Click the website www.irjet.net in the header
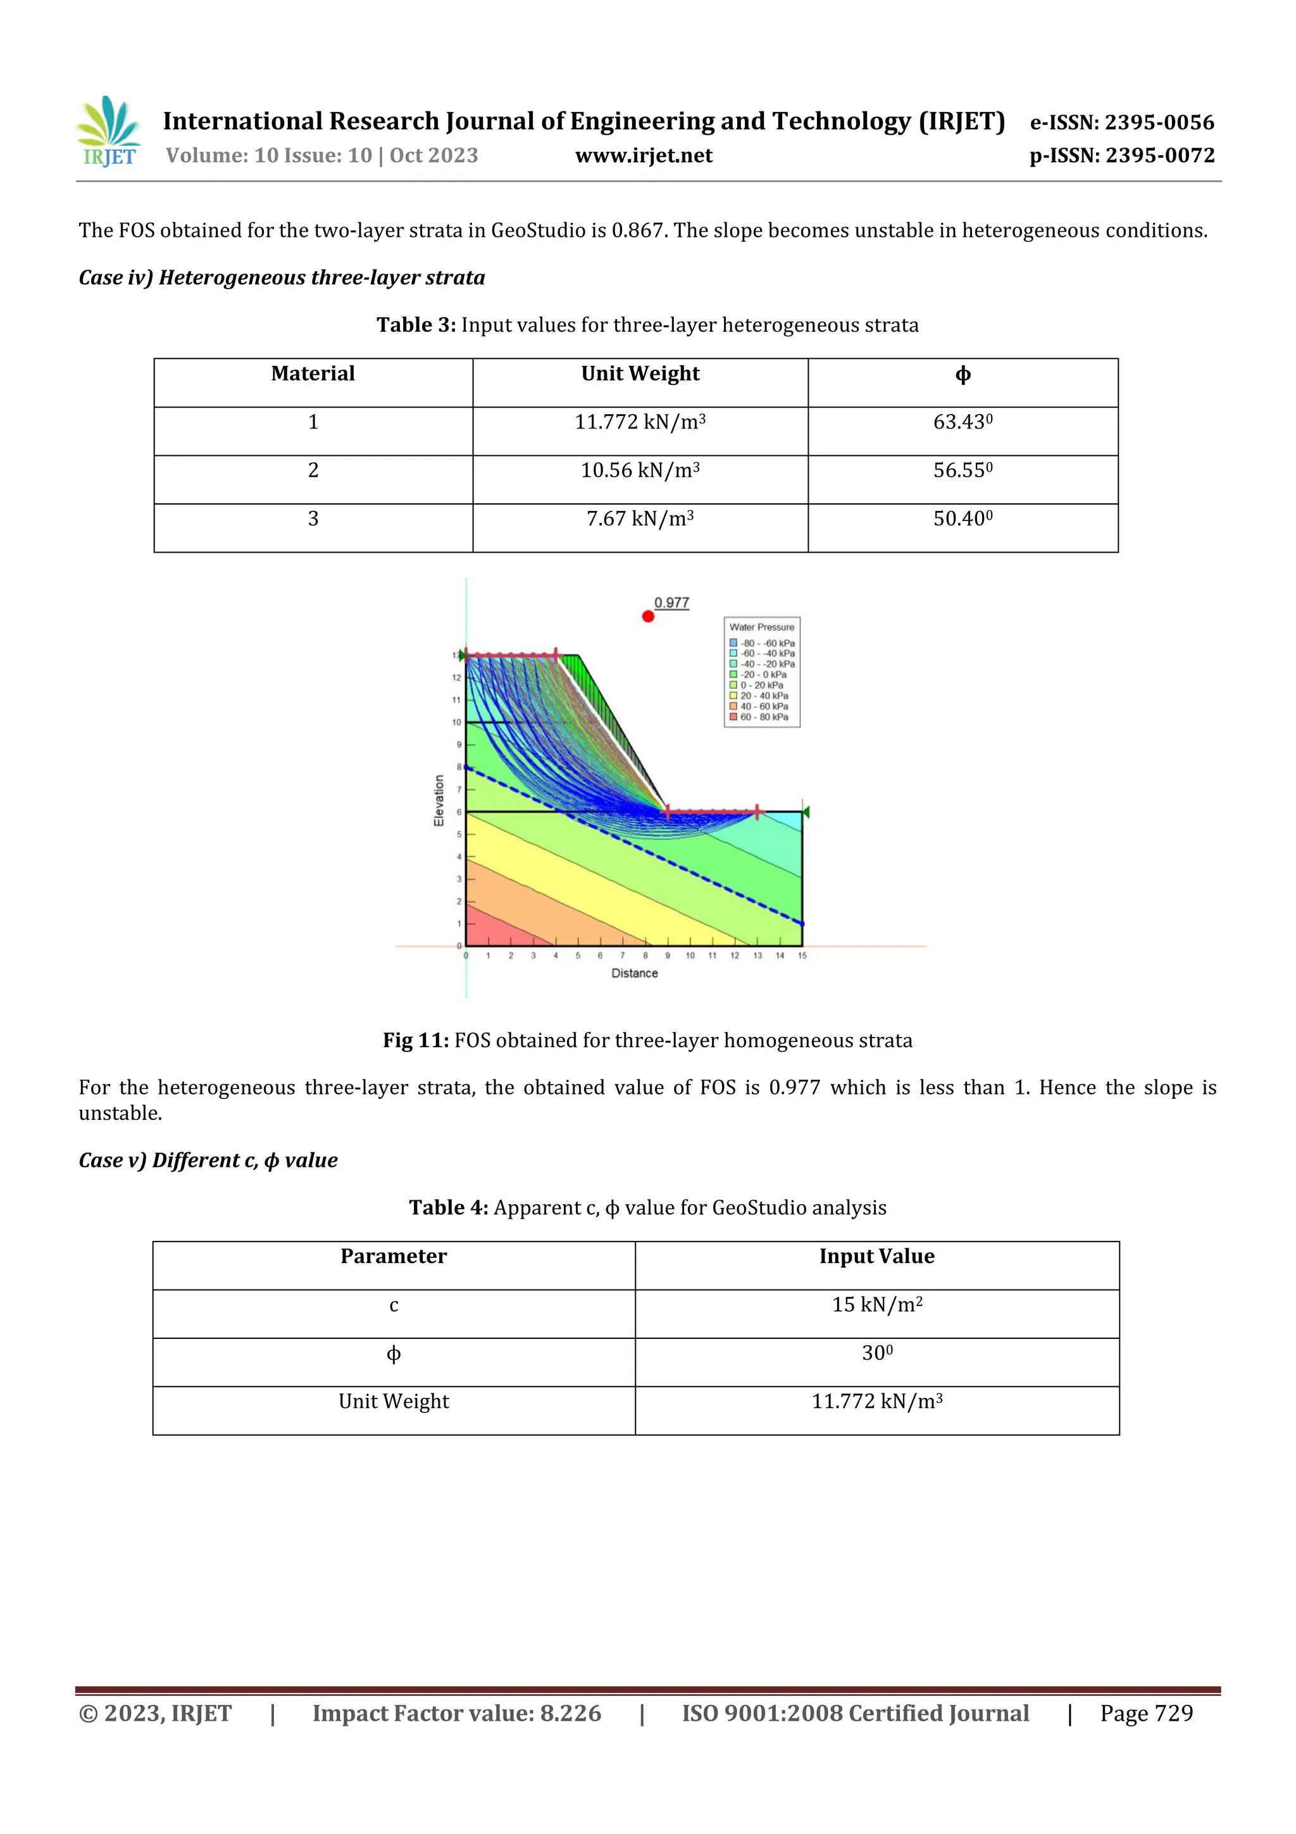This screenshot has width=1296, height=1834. coord(644,156)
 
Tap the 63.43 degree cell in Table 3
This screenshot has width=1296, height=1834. coord(963,422)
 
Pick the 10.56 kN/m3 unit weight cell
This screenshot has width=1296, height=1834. coord(640,470)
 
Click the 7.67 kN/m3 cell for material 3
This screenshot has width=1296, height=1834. coord(640,519)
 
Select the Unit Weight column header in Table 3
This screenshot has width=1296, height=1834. coord(640,374)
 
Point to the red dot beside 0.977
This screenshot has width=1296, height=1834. coord(647,616)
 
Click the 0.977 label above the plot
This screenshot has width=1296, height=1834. coord(671,602)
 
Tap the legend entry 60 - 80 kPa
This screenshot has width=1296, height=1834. coord(763,717)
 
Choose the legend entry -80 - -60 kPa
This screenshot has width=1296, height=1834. coord(763,643)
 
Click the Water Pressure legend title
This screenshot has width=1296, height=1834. coord(761,627)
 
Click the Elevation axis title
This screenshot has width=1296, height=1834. coord(439,800)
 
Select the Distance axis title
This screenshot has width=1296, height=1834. coord(634,973)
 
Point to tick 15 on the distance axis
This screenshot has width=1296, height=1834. coord(802,955)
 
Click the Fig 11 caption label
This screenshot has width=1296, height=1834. coord(415,1040)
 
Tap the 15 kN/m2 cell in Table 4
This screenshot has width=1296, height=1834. coord(877,1305)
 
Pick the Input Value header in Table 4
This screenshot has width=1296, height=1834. coord(877,1257)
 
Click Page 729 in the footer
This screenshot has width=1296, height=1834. coord(1146,1712)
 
